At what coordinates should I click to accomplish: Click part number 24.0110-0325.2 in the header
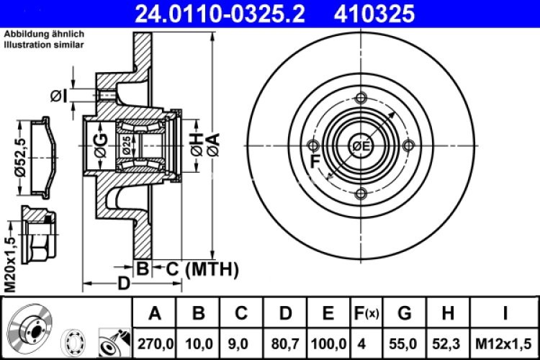pyautogui.click(x=217, y=12)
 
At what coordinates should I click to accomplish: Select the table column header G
pyautogui.click(x=405, y=313)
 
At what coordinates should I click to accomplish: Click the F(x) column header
pyautogui.click(x=366, y=313)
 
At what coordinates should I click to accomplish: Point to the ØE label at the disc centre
pyautogui.click(x=361, y=147)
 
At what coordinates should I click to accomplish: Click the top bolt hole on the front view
pyautogui.click(x=361, y=99)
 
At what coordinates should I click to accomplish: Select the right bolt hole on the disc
pyautogui.click(x=409, y=146)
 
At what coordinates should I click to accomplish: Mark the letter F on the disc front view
pyautogui.click(x=315, y=162)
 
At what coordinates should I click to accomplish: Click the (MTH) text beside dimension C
pyautogui.click(x=212, y=269)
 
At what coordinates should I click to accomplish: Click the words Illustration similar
pyautogui.click(x=43, y=45)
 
